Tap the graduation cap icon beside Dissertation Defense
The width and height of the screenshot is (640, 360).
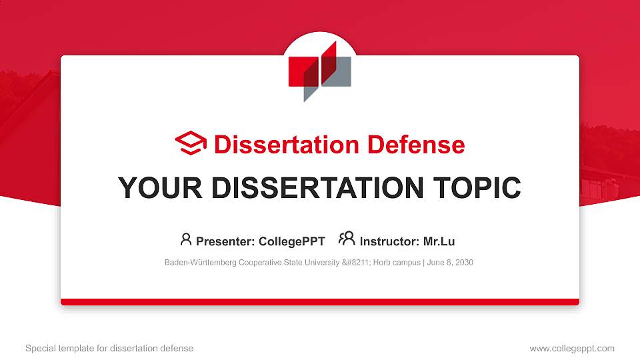click(191, 144)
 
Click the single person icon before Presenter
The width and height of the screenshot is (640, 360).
click(186, 239)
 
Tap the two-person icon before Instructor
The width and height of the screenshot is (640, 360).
click(347, 239)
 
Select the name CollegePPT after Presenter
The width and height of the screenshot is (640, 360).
click(292, 241)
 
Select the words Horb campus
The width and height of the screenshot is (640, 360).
click(396, 263)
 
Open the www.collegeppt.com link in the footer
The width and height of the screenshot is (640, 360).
click(571, 348)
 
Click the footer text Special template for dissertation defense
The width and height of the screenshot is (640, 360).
click(109, 348)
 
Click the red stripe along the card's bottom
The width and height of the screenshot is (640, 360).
click(320, 302)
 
